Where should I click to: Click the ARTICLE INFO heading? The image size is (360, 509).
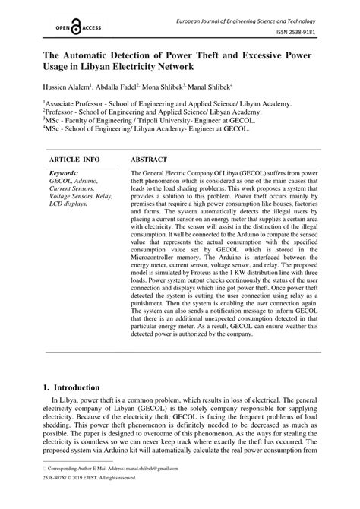pyautogui.click(x=74, y=161)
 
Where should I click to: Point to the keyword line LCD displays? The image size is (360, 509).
pyautogui.click(x=71, y=204)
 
